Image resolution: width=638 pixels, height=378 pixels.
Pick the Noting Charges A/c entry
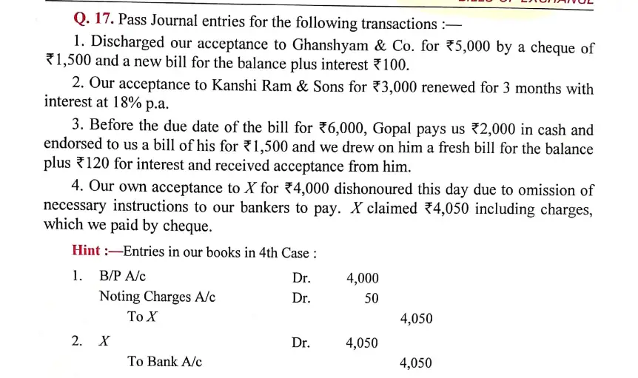click(157, 297)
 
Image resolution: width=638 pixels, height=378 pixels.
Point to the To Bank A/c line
click(164, 362)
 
